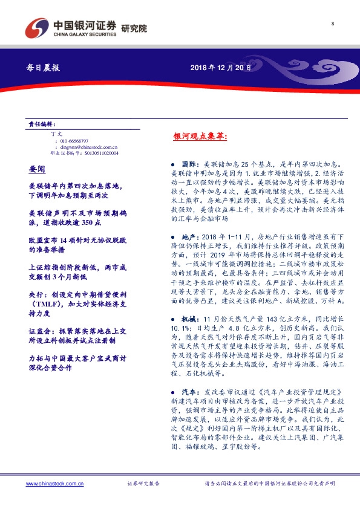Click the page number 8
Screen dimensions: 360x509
pyautogui.click(x=333, y=24)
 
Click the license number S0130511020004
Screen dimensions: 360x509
pyautogui.click(x=100, y=153)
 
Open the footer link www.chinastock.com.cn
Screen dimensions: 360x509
pyautogui.click(x=54, y=484)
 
